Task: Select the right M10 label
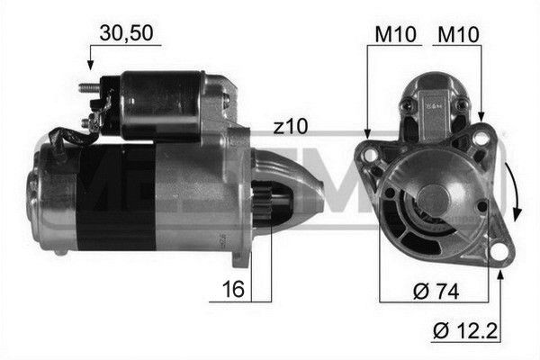458,33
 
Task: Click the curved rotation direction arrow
515,192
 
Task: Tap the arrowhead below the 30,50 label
89,64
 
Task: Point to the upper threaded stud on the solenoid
88,88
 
